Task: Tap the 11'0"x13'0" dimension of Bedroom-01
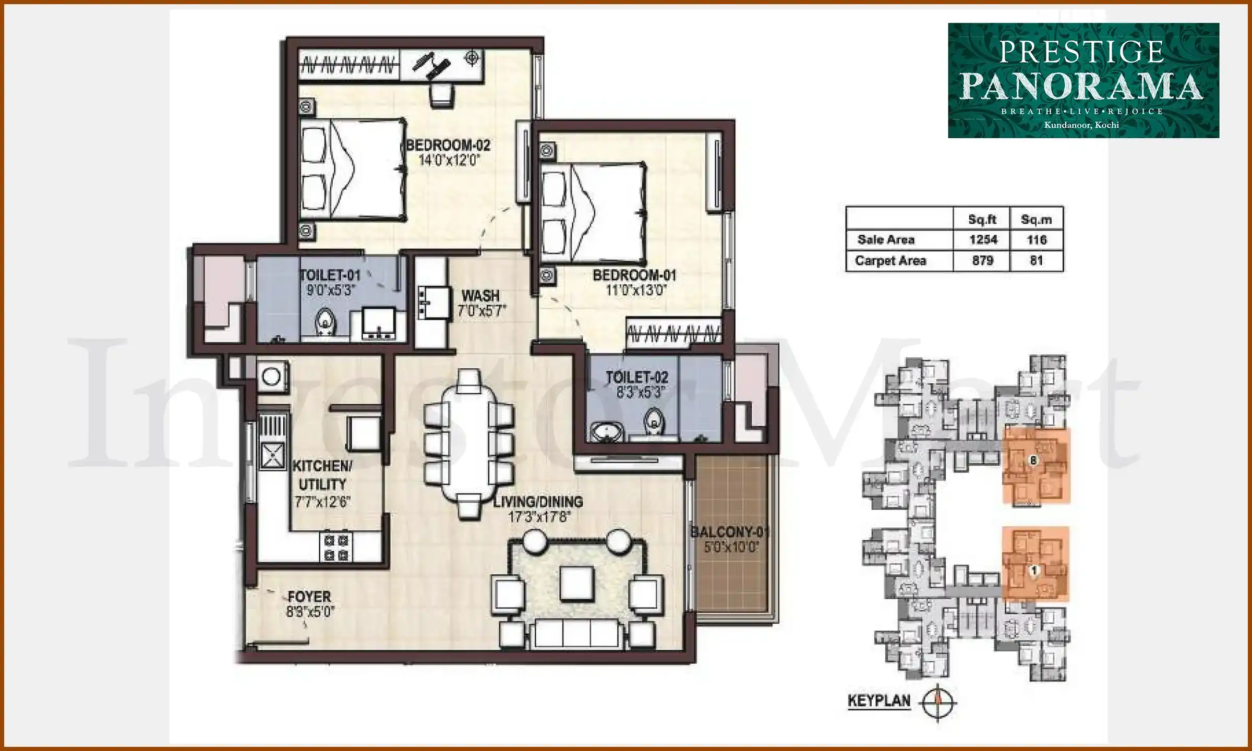635,290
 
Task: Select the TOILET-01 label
330,275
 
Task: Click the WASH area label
480,296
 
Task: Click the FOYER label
309,597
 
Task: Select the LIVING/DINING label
538,502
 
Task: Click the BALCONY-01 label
730,532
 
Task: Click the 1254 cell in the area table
983,240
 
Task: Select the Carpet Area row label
890,261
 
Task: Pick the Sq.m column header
1036,220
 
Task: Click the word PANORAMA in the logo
1082,86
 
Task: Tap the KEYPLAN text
879,700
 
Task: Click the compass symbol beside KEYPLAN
938,702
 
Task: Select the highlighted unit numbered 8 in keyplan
1034,461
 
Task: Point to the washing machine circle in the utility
271,376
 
